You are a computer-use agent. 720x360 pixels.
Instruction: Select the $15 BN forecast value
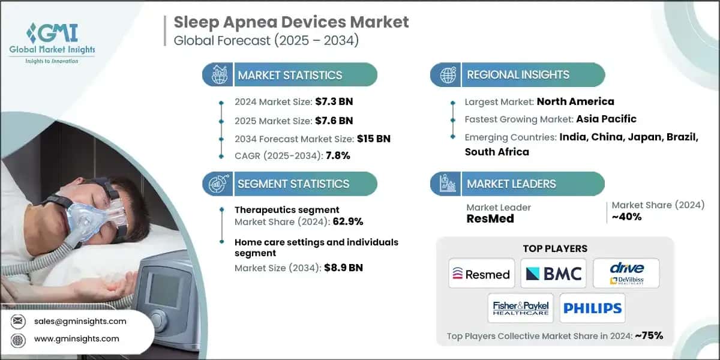point(374,139)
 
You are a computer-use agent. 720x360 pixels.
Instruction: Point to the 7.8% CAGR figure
point(338,155)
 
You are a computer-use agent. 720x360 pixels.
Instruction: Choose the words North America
point(575,101)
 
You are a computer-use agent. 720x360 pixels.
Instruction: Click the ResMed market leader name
point(490,219)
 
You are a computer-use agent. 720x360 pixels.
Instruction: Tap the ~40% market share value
point(626,217)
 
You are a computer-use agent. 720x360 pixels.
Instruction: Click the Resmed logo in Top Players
point(482,274)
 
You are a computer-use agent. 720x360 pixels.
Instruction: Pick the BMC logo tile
point(553,274)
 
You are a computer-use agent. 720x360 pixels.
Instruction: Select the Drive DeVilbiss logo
point(626,274)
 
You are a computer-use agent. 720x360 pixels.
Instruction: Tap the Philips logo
point(592,308)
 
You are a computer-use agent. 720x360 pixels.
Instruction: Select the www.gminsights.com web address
point(77,339)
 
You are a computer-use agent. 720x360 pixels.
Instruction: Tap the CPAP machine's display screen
point(161,290)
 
